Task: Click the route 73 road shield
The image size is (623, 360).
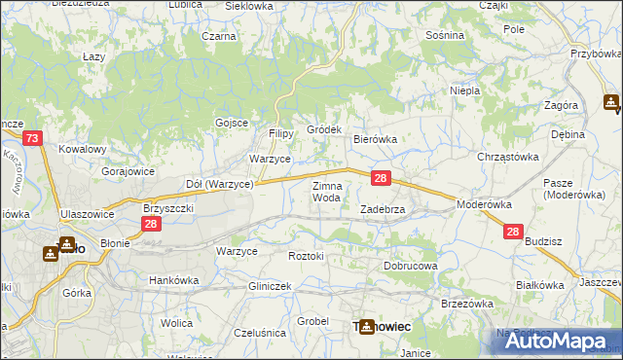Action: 33,140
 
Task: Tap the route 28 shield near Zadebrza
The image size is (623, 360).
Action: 382,179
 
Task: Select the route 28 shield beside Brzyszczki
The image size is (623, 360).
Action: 150,225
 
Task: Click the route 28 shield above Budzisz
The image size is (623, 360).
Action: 514,232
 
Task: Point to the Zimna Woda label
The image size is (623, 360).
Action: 326,191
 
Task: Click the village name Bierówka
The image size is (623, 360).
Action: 375,139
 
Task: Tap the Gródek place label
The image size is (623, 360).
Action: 324,129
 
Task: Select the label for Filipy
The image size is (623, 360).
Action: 281,133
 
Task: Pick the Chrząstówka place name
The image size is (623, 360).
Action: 507,156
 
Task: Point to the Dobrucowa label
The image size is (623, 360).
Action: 411,265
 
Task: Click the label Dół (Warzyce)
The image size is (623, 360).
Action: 219,183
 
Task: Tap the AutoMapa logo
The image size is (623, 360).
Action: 552,340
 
